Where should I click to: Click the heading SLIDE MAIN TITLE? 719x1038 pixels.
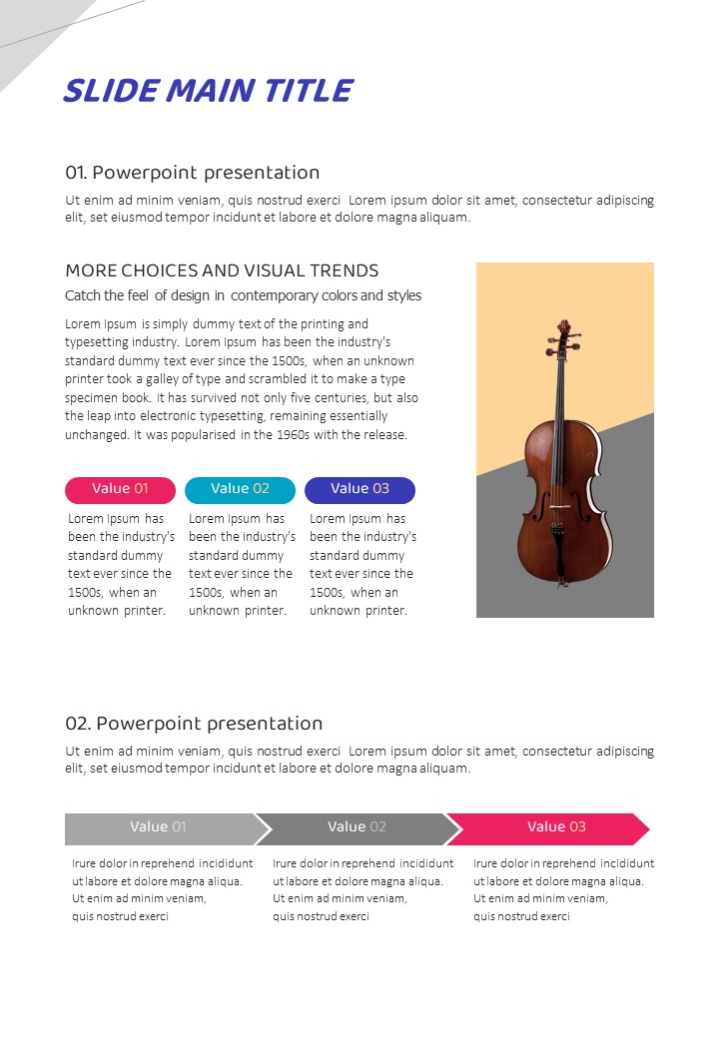[x=208, y=91]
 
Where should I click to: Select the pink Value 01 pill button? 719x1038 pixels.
[x=120, y=489]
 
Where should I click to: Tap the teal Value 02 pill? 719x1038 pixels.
[x=240, y=489]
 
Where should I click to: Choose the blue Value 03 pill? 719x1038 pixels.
[x=359, y=489]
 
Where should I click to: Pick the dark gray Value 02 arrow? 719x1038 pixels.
[x=357, y=827]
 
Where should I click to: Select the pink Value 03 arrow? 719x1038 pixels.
[x=555, y=827]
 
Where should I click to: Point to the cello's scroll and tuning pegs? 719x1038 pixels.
[x=565, y=333]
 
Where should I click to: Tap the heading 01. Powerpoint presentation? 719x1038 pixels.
[x=193, y=173]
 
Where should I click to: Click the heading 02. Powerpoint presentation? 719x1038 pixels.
[x=194, y=724]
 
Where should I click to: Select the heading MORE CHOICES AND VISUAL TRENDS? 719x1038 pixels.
[x=222, y=270]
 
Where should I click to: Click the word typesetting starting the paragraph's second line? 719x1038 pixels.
[x=100, y=342]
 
